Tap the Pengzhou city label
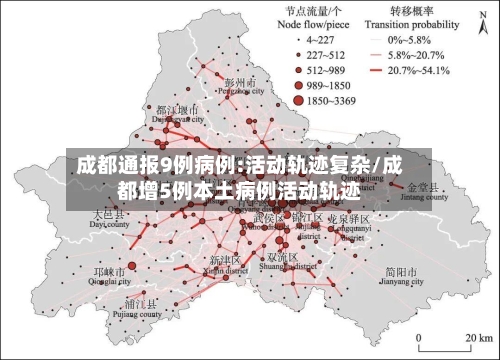click(x=242, y=86)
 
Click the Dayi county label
click(x=109, y=219)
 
